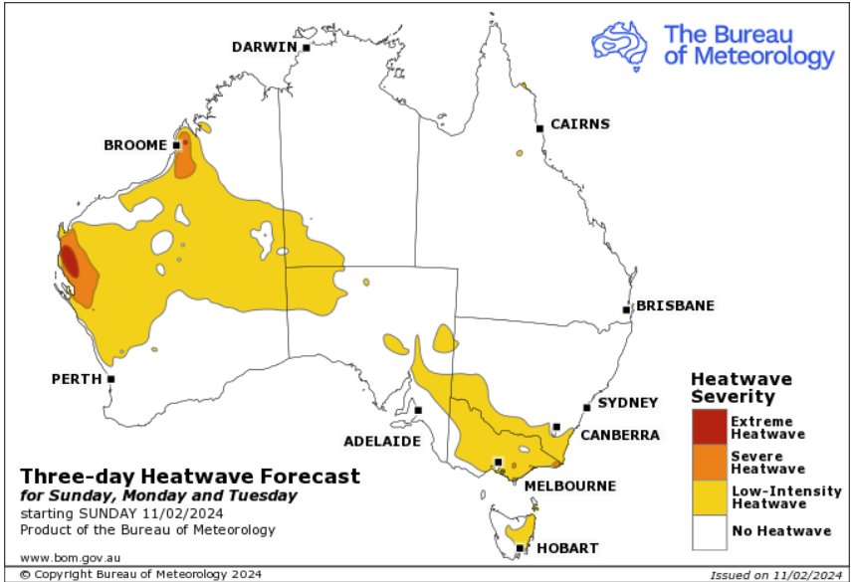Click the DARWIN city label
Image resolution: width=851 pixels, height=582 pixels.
(264, 47)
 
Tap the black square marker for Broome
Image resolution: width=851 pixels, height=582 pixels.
(176, 144)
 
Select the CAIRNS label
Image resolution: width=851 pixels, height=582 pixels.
(579, 124)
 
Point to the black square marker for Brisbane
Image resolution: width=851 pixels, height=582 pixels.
(627, 309)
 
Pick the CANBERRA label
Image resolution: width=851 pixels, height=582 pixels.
(620, 435)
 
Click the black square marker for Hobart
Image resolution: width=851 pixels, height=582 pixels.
(520, 547)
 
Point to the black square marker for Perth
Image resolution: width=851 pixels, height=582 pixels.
(111, 379)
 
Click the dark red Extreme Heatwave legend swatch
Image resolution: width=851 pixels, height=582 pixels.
(710, 428)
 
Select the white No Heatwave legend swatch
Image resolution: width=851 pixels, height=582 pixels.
(710, 532)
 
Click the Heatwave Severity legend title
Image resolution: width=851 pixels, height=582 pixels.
(742, 388)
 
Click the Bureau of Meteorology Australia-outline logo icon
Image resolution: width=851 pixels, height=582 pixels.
(623, 44)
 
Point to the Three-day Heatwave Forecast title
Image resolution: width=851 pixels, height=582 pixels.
(189, 476)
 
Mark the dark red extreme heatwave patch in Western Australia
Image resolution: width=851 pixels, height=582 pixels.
(70, 261)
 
